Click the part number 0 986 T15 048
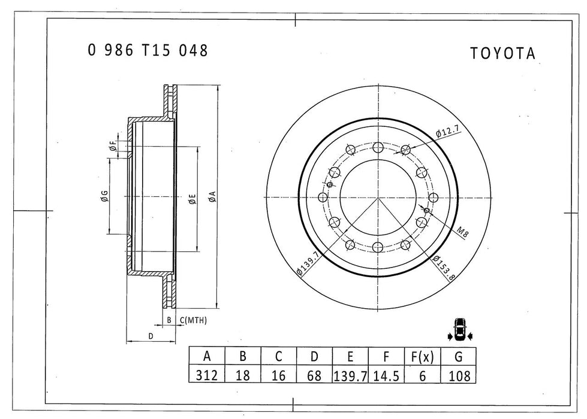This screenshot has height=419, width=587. click(148, 51)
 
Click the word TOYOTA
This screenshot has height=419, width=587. click(502, 54)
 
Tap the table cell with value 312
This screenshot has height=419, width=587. click(207, 375)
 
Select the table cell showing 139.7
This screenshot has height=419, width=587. click(350, 375)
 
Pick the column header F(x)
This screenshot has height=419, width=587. click(422, 357)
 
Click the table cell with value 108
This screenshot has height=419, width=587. click(458, 375)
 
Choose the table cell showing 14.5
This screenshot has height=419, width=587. click(386, 375)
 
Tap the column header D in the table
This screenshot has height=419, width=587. click(314, 357)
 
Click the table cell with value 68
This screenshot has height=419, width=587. click(314, 375)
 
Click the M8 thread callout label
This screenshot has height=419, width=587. click(461, 233)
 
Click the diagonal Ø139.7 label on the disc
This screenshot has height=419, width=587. click(308, 264)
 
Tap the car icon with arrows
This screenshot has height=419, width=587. click(460, 329)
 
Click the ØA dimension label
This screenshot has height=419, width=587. click(212, 196)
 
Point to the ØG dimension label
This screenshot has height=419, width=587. click(104, 196)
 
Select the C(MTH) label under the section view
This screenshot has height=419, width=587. click(194, 321)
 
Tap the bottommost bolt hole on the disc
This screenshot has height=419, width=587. click(377, 247)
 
